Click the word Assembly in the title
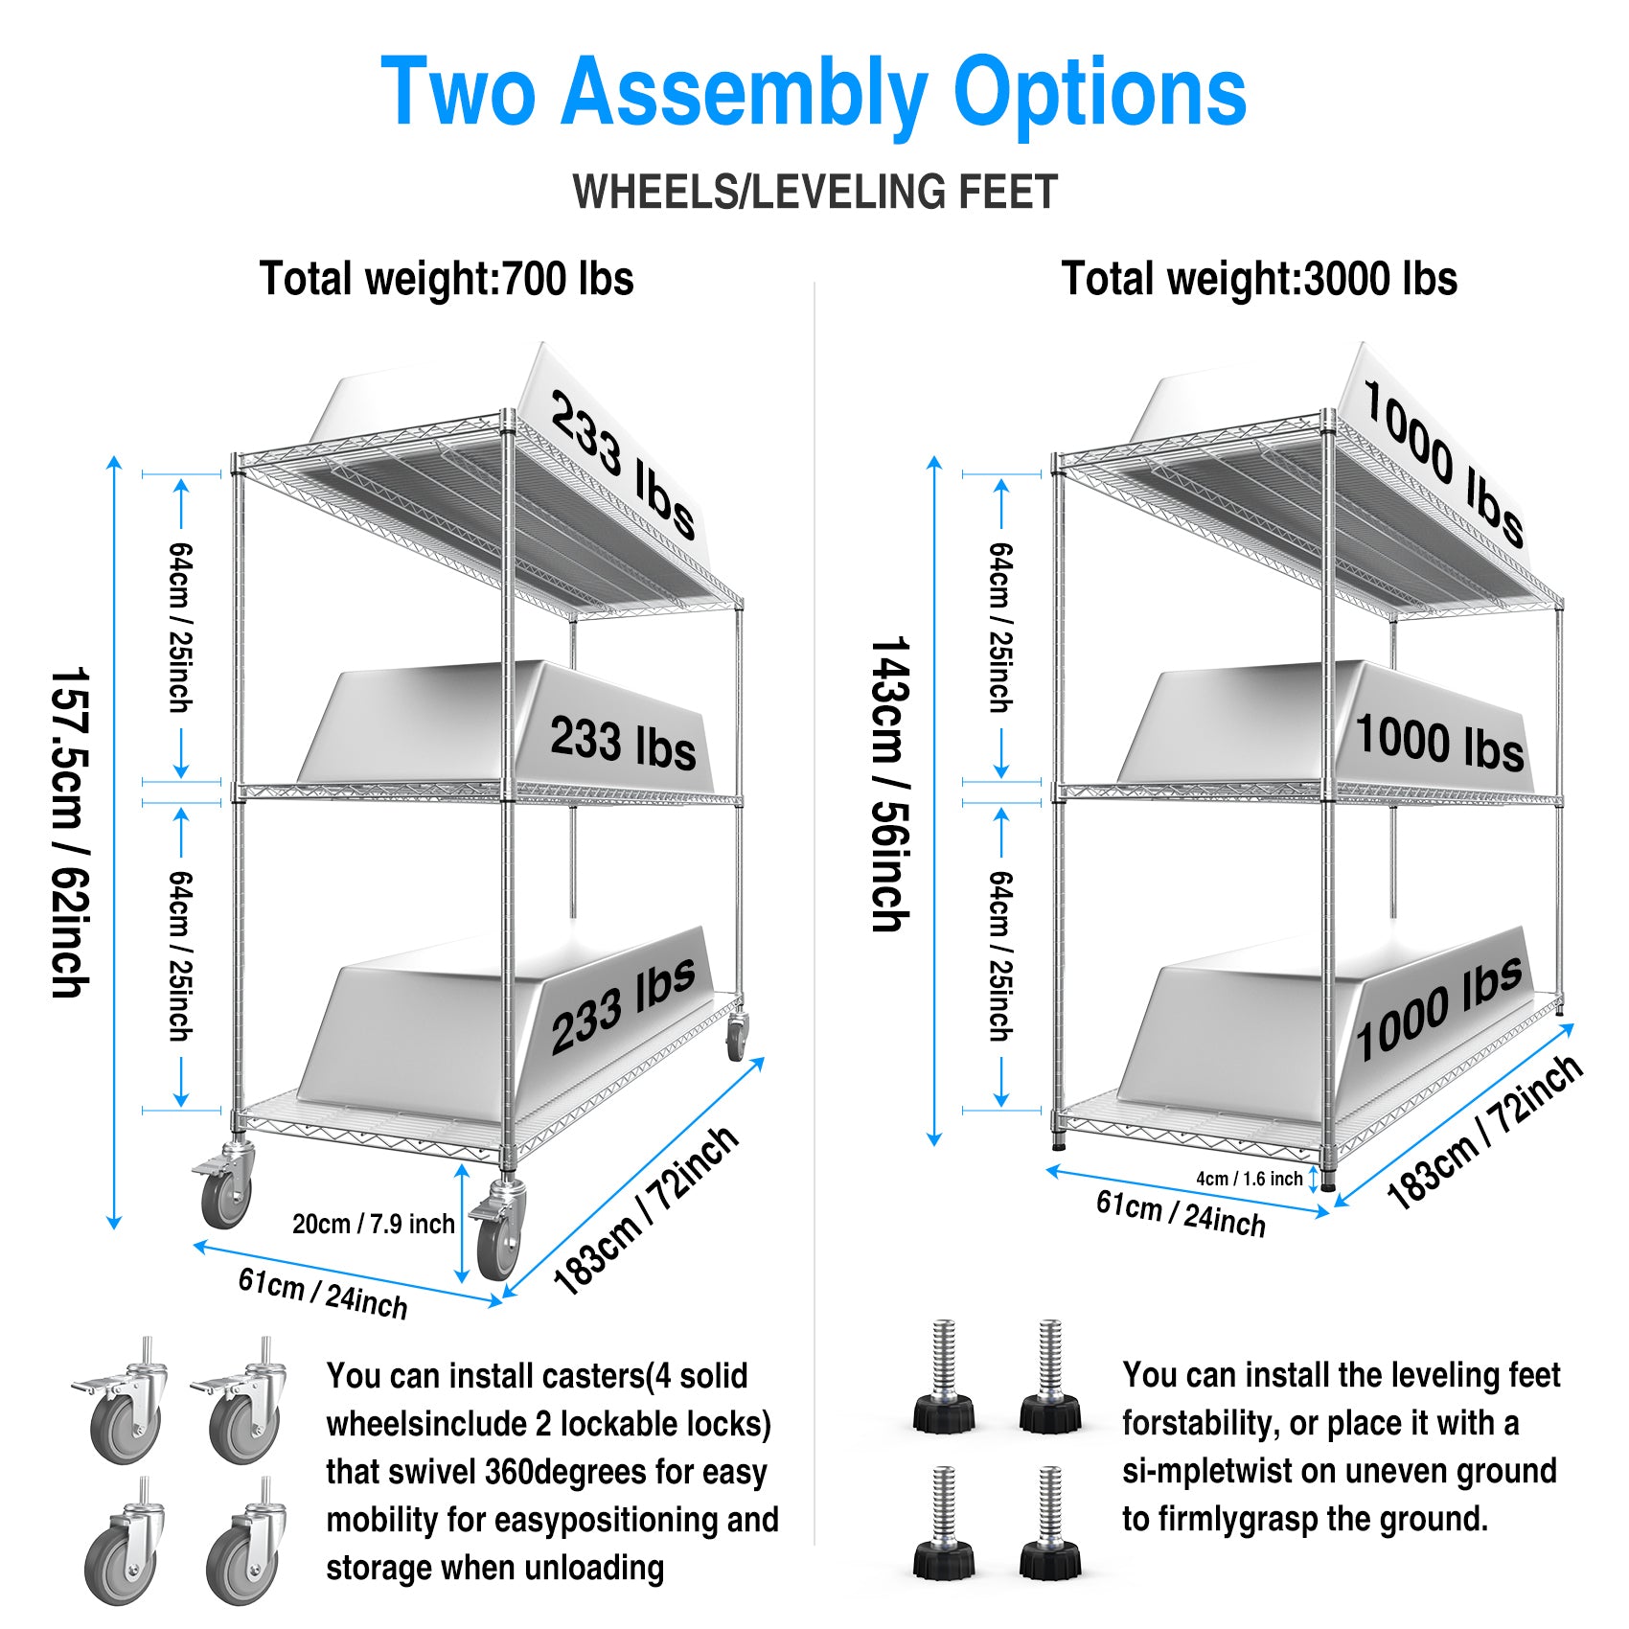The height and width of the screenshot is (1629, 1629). coord(744,93)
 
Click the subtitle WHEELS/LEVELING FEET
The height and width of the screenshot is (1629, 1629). coord(814,192)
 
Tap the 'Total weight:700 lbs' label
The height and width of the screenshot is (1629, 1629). coord(447,279)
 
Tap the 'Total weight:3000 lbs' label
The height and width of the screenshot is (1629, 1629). coord(1259,279)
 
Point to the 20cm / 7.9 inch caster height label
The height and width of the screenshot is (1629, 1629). coord(373,1224)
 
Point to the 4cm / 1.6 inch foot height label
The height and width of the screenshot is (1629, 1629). coord(1249,1179)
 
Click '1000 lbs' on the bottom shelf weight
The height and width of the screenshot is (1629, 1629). coord(1437,1008)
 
